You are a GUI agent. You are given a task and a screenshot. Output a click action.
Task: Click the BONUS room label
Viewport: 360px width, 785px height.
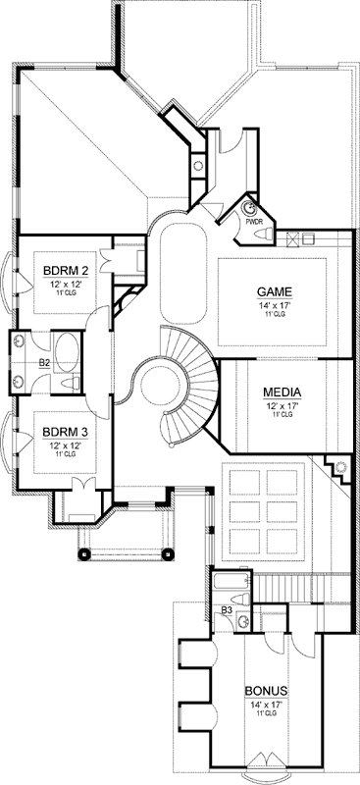click(266, 690)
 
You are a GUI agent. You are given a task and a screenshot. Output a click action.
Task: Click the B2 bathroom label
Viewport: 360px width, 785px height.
click(44, 362)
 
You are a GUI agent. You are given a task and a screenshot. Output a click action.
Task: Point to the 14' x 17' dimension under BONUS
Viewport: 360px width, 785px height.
click(266, 703)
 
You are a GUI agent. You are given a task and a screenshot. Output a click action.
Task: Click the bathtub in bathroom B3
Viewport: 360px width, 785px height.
click(225, 587)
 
